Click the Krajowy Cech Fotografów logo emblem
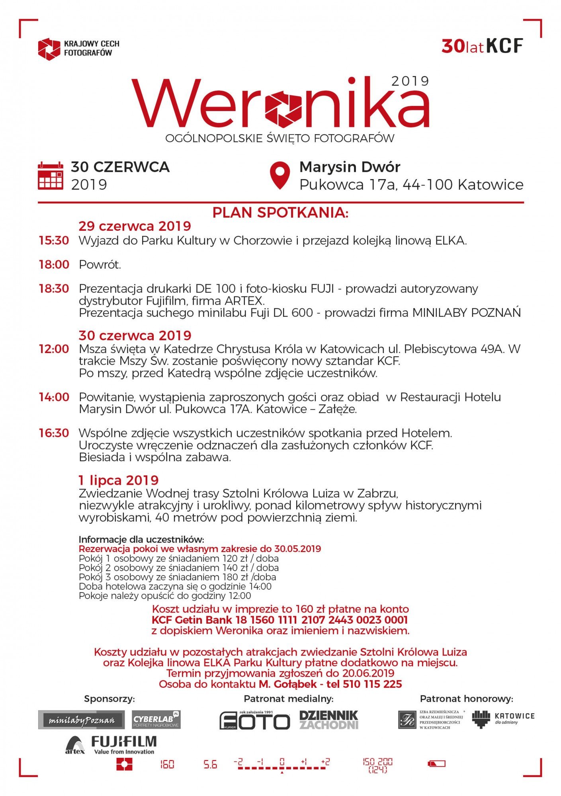pyautogui.click(x=49, y=49)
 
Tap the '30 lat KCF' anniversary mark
pyautogui.click(x=482, y=46)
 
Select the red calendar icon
pyautogui.click(x=50, y=176)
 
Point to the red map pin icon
pyautogui.click(x=280, y=176)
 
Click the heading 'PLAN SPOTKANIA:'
pyautogui.click(x=280, y=213)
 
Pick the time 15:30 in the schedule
pyautogui.click(x=54, y=241)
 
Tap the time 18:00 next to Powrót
pyautogui.click(x=54, y=265)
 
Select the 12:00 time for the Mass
pyautogui.click(x=54, y=349)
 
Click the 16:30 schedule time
pyautogui.click(x=54, y=433)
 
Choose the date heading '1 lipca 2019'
pyautogui.click(x=119, y=480)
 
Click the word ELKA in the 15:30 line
pyautogui.click(x=450, y=241)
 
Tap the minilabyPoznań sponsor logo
pyautogui.click(x=81, y=720)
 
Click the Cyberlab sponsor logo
pyautogui.click(x=156, y=720)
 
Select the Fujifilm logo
pyautogui.click(x=124, y=744)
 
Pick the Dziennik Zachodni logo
pyautogui.click(x=328, y=720)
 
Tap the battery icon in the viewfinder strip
pyautogui.click(x=436, y=764)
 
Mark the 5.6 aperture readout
pyautogui.click(x=210, y=765)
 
